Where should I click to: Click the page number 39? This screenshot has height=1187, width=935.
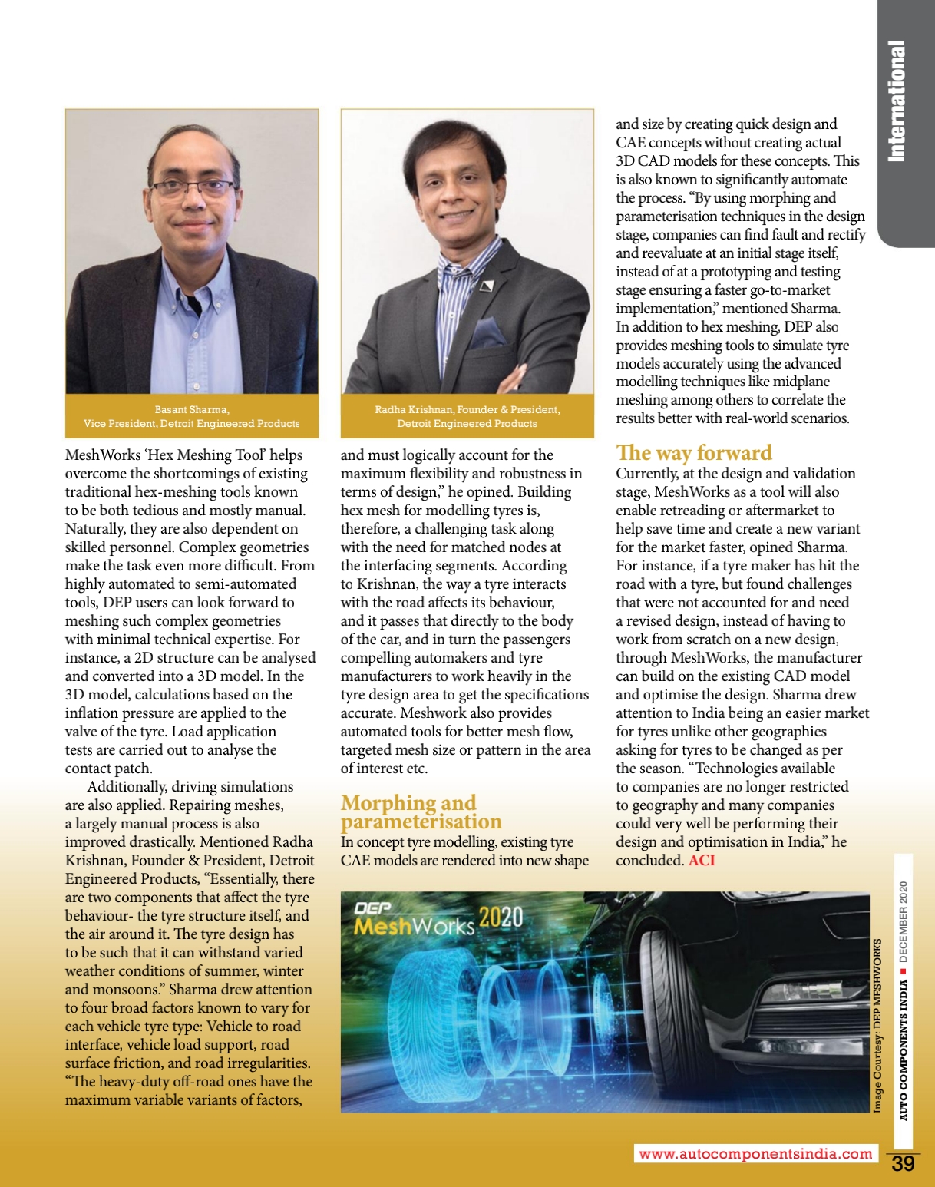click(903, 1164)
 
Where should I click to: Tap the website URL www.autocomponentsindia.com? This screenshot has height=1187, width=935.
click(755, 1154)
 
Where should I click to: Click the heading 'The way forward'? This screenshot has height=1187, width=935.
click(694, 453)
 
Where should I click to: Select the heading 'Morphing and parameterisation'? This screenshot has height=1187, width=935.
click(421, 812)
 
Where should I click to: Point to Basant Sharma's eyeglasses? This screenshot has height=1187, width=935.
click(192, 187)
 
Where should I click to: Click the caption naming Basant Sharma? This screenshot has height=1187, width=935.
click(192, 416)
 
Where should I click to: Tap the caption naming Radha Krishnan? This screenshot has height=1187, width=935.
click(467, 416)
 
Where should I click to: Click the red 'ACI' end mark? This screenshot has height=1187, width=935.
click(702, 860)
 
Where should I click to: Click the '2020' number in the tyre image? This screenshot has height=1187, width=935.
click(501, 918)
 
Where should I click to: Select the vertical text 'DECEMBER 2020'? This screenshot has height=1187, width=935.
click(904, 921)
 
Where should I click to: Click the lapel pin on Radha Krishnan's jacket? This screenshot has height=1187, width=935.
click(487, 287)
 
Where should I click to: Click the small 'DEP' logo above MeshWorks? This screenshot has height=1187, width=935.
click(373, 908)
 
